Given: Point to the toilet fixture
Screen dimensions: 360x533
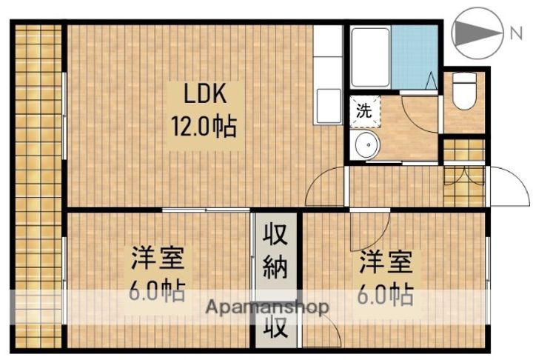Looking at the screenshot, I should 464,91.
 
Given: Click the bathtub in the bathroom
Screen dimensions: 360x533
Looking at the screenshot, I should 369,57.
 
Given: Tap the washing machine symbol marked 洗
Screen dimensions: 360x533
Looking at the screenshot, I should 365,113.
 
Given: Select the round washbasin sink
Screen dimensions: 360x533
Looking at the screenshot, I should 365,145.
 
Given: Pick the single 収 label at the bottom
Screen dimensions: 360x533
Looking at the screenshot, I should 276,327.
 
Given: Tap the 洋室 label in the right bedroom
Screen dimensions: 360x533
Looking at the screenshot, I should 386,262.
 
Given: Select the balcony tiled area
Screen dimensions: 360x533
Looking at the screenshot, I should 37,185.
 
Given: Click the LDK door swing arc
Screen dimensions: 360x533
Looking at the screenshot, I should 326,187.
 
